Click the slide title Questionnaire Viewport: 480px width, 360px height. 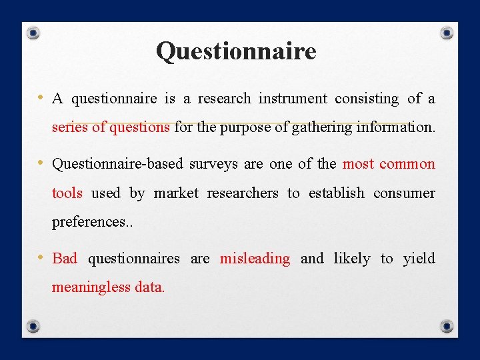236,51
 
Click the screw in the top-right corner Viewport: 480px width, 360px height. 447,33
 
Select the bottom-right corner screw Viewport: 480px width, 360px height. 447,326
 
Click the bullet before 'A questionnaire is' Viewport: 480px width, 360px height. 41,98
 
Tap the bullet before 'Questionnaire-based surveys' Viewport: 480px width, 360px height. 41,163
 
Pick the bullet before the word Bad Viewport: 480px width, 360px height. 41,258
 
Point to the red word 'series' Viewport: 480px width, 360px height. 69,127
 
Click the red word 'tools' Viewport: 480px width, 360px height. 67,193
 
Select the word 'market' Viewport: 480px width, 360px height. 176,193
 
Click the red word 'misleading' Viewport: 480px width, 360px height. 255,259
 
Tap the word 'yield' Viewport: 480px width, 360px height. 419,259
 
